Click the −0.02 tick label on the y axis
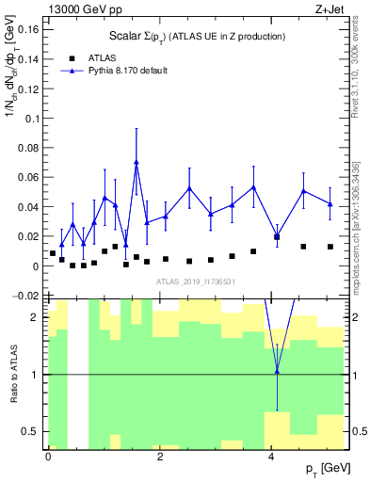pos(26,296)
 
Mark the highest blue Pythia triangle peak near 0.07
pos(137,162)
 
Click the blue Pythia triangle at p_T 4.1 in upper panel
pos(277,235)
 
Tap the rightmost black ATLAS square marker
pos(330,247)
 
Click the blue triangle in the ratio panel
pos(277,371)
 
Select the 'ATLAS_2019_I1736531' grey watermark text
pos(190,282)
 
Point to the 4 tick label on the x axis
pos(271,456)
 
